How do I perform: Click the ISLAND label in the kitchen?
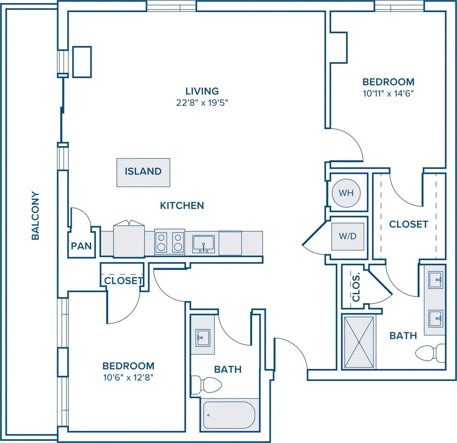tap(143, 171)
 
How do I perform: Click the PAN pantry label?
tap(81, 246)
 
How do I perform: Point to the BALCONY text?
tap(35, 216)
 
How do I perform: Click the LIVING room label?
tap(202, 91)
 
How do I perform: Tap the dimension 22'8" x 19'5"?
tap(202, 103)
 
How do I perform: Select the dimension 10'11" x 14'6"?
tap(388, 94)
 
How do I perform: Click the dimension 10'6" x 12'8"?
tap(129, 377)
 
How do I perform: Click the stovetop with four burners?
tap(170, 242)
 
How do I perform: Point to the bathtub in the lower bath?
tap(228, 414)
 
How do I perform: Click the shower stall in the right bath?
tap(359, 342)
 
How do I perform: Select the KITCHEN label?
tap(182, 205)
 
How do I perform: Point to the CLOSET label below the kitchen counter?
tap(123, 281)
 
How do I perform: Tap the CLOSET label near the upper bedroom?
tap(408, 224)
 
